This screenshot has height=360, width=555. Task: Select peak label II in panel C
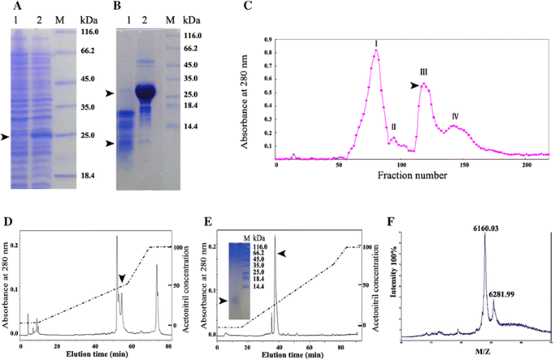(393, 127)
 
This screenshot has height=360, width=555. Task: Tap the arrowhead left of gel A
(6, 138)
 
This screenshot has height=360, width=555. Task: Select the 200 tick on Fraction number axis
(527, 164)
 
